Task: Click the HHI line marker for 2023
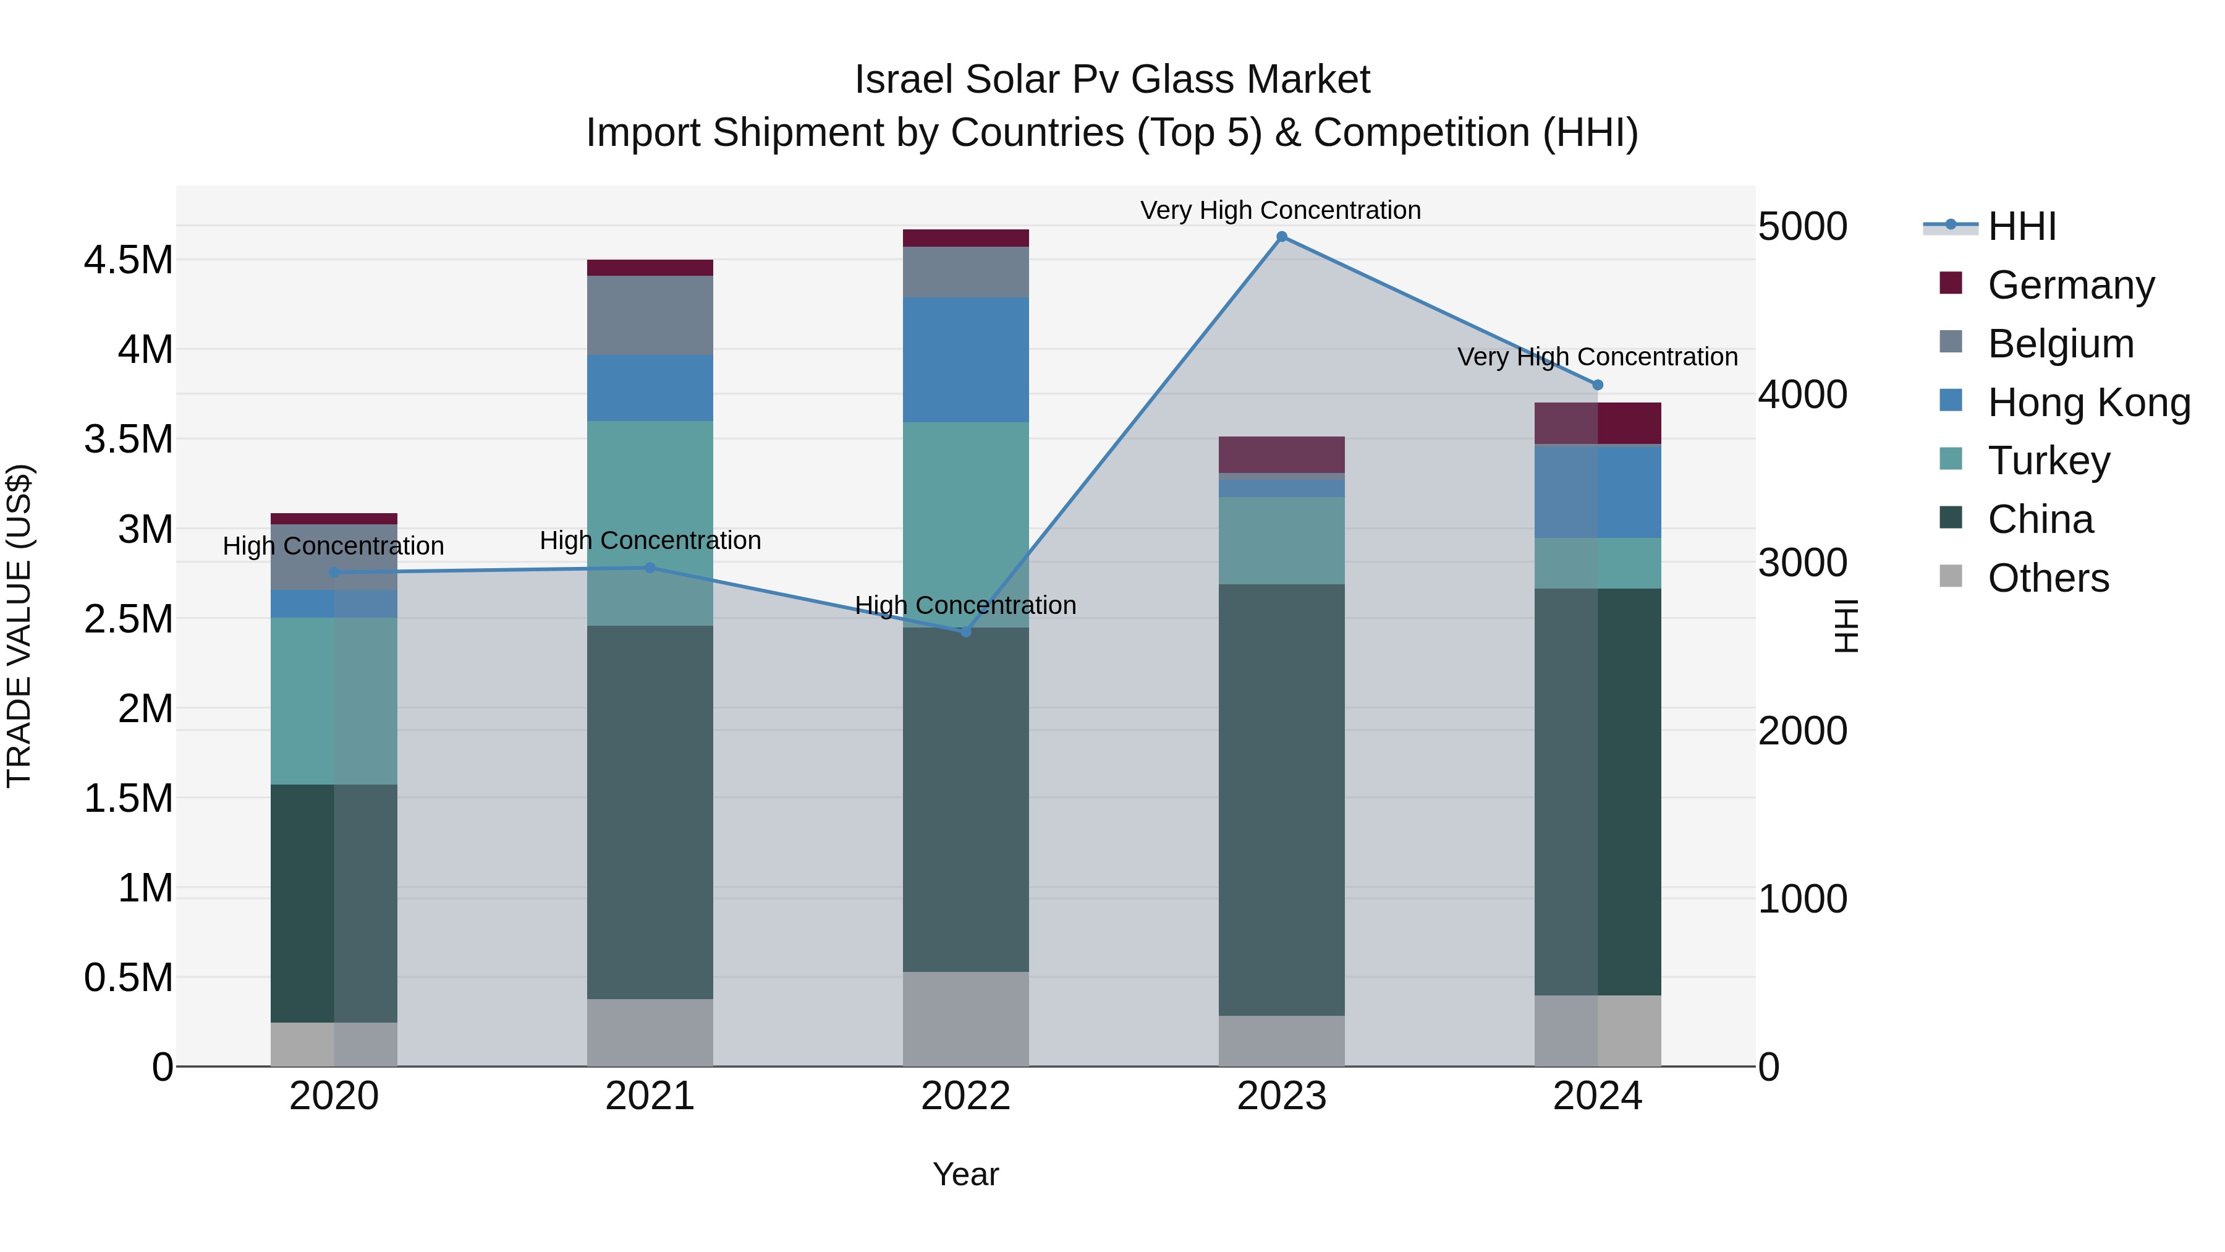pyautogui.click(x=1282, y=237)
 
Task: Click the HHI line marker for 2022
pyautogui.click(x=965, y=632)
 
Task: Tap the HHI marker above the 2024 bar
pyautogui.click(x=1597, y=385)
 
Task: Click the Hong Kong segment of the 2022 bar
pyautogui.click(x=965, y=359)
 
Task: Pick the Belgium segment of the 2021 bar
pyautogui.click(x=650, y=315)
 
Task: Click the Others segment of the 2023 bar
pyautogui.click(x=1282, y=1041)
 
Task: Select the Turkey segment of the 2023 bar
pyautogui.click(x=1282, y=540)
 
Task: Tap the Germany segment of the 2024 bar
pyautogui.click(x=1597, y=424)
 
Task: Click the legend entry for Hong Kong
pyautogui.click(x=2088, y=402)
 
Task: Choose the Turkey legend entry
pyautogui.click(x=2048, y=461)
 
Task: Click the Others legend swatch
pyautogui.click(x=1951, y=576)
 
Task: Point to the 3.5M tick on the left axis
pyautogui.click(x=128, y=439)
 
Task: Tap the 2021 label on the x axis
pyautogui.click(x=650, y=1096)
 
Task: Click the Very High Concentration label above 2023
pyautogui.click(x=1280, y=210)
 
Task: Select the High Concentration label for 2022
pyautogui.click(x=965, y=605)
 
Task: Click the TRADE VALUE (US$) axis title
pyautogui.click(x=19, y=626)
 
